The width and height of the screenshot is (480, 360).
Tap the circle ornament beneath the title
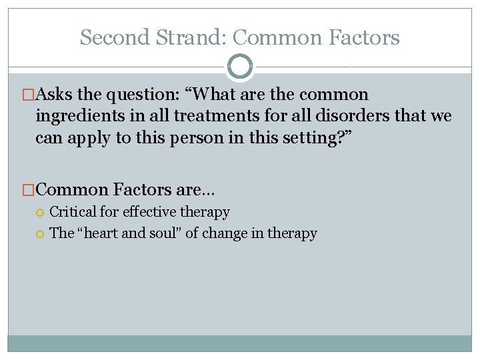tap(240, 67)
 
